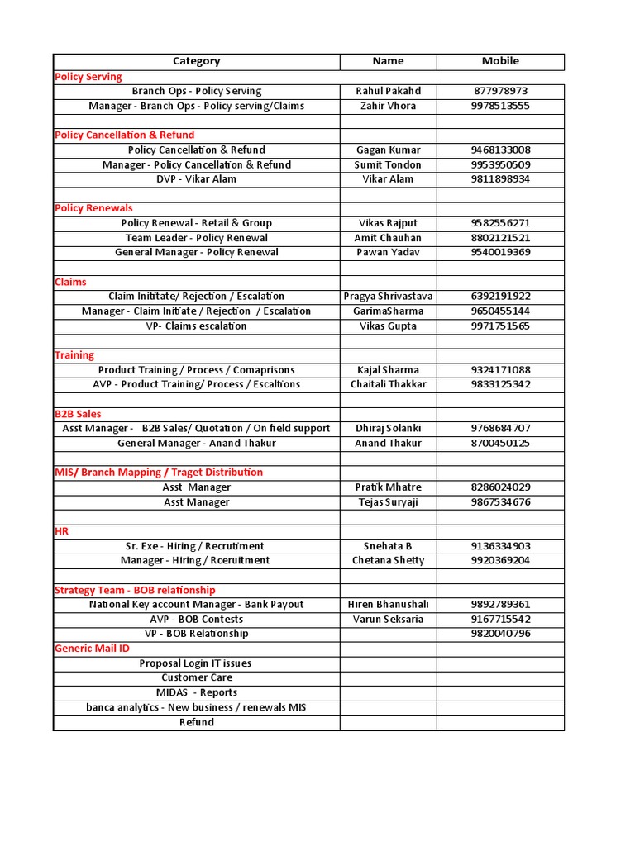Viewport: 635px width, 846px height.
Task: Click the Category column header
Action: click(196, 61)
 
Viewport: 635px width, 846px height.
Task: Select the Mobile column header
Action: click(500, 61)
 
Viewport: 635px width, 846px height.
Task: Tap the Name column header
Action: click(388, 61)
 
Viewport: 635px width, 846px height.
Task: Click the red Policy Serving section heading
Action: click(88, 77)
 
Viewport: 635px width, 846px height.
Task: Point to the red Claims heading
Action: click(70, 282)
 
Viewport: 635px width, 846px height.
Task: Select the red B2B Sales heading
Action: click(78, 414)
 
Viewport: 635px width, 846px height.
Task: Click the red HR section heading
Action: click(62, 531)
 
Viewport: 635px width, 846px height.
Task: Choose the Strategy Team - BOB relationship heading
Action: click(135, 590)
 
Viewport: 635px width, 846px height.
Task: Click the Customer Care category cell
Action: click(196, 677)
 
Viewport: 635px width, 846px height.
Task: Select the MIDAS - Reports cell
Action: click(196, 692)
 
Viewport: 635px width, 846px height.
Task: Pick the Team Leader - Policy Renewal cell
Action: click(196, 238)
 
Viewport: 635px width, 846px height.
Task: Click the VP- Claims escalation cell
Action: click(196, 326)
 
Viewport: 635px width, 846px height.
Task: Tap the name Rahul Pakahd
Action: click(388, 91)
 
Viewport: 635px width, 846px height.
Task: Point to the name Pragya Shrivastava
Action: click(388, 297)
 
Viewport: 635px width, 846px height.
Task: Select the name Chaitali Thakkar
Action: click(388, 384)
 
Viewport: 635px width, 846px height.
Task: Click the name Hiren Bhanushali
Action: click(388, 605)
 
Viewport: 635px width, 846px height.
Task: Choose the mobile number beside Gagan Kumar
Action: click(500, 150)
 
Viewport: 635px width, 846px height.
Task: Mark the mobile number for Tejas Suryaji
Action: click(500, 502)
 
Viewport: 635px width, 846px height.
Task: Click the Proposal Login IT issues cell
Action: click(196, 663)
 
